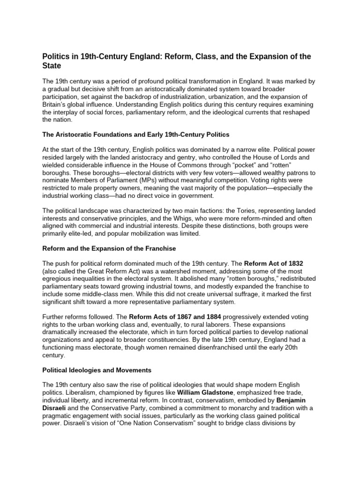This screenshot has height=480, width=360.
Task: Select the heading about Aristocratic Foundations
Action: tap(135, 135)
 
